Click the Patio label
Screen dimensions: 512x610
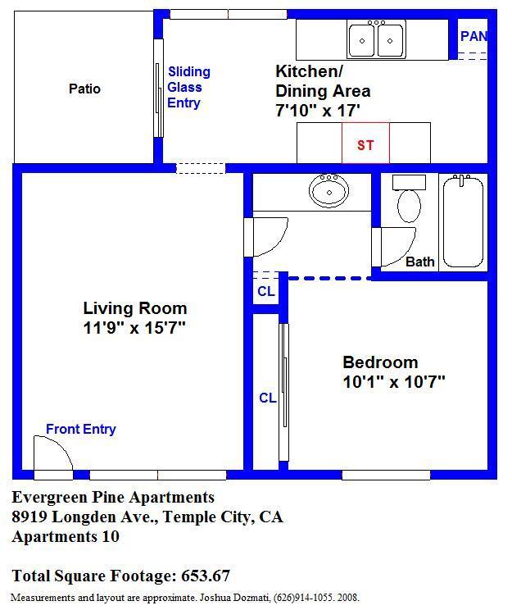click(84, 89)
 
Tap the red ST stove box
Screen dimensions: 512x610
click(365, 143)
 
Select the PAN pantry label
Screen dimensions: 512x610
click(473, 36)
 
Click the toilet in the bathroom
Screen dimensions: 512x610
click(409, 198)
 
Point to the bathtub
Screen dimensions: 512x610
click(463, 221)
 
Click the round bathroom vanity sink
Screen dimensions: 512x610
click(328, 190)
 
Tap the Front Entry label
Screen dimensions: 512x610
click(81, 429)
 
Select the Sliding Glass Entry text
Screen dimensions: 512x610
click(189, 87)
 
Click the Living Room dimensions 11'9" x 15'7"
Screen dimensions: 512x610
click(134, 328)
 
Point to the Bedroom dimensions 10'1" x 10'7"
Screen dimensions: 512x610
click(394, 381)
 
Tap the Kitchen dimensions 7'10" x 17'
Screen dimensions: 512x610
click(318, 111)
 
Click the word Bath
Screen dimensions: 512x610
click(420, 262)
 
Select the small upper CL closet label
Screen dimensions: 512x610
click(266, 291)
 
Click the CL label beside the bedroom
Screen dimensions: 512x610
click(268, 398)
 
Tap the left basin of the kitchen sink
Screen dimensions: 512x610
click(361, 40)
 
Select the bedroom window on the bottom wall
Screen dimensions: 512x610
click(386, 475)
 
